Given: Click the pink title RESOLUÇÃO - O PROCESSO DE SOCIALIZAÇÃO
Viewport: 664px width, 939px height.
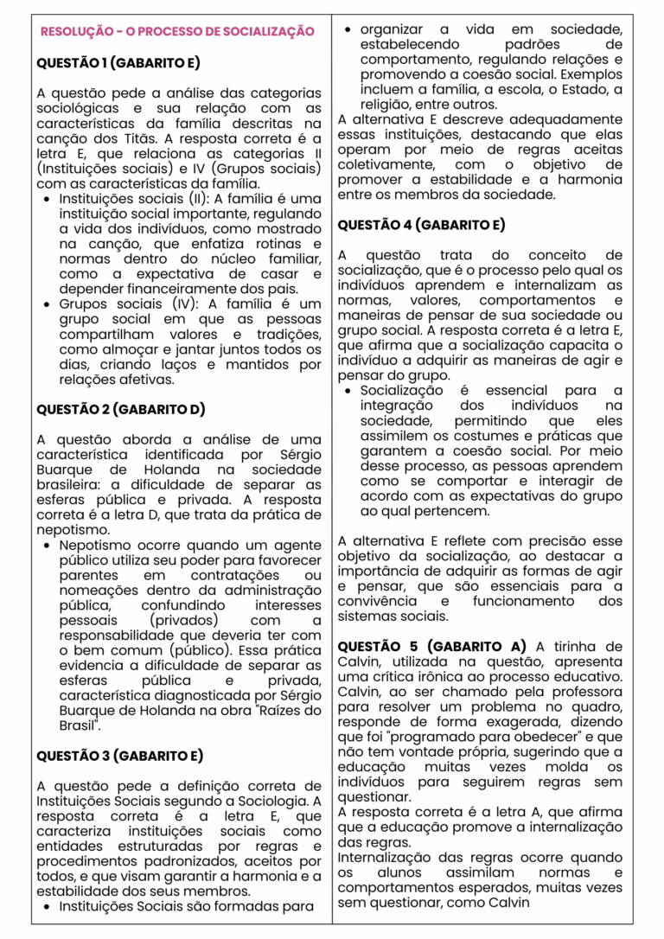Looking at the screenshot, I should click(177, 31).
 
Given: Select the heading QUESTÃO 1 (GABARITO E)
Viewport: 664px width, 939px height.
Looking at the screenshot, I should click(118, 63).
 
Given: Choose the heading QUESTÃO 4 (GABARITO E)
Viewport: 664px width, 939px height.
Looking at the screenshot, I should click(421, 225).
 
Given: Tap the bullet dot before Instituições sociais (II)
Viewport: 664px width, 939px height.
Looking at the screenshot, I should click(46, 199).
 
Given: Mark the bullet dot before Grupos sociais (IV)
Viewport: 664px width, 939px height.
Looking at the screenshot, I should click(46, 304).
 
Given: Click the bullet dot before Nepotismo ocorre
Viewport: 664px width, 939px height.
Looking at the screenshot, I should click(46, 546).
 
